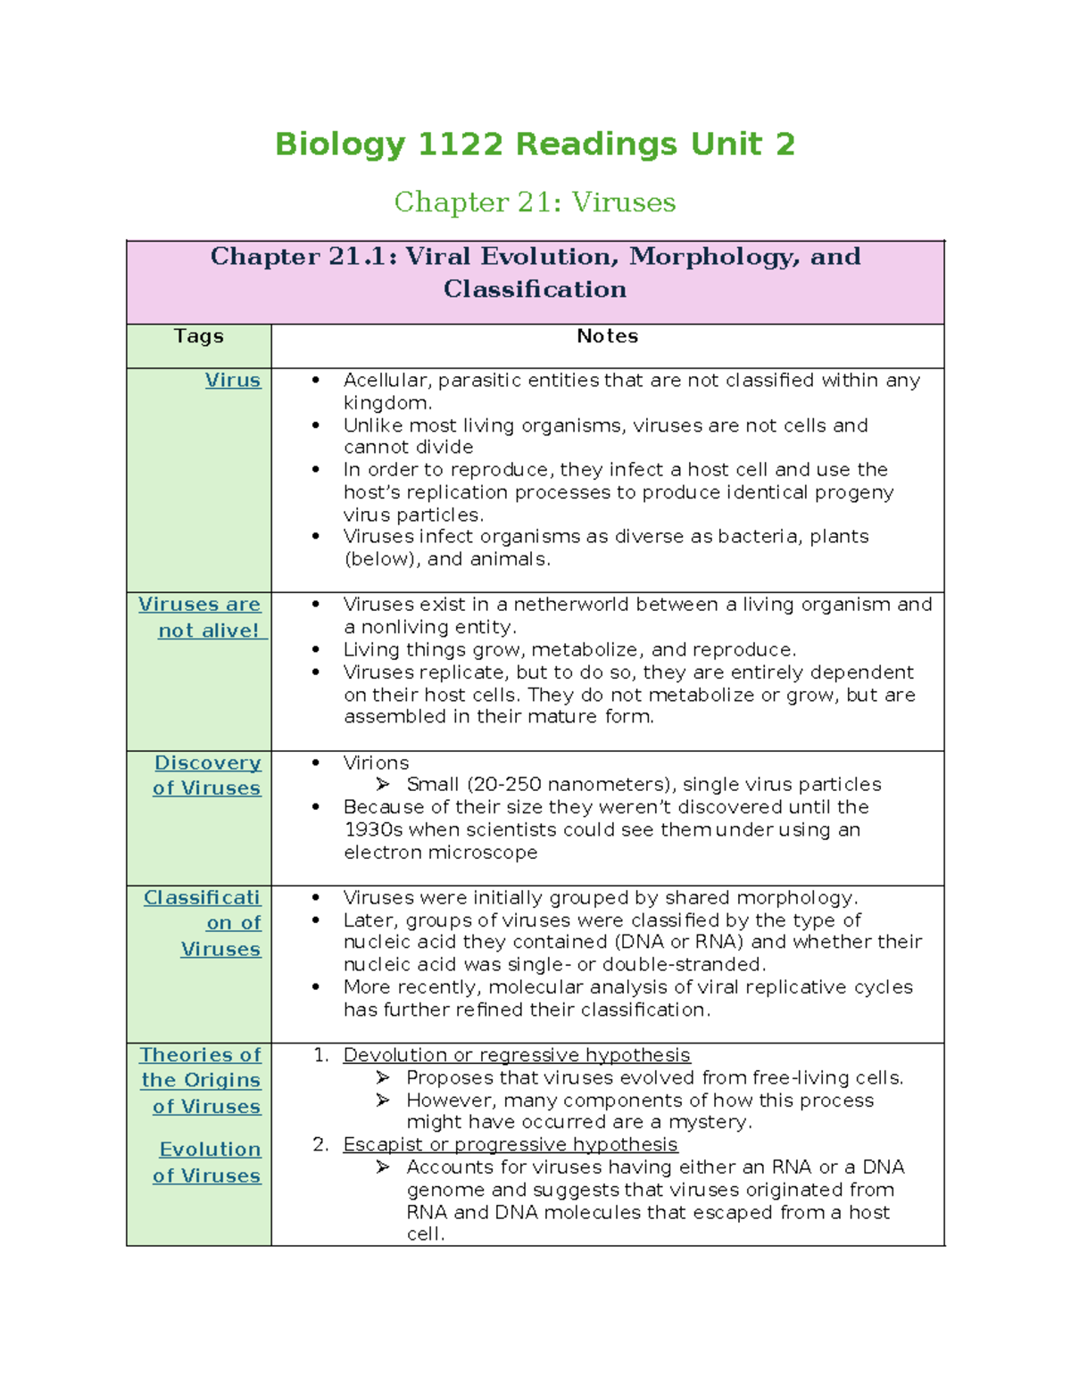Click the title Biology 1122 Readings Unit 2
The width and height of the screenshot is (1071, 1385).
pyautogui.click(x=535, y=144)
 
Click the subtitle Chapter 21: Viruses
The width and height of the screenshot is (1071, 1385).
pyautogui.click(x=535, y=202)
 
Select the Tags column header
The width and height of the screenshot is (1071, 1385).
pyautogui.click(x=198, y=336)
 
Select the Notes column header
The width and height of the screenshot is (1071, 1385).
pyautogui.click(x=607, y=336)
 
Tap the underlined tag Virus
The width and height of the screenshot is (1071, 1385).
pyautogui.click(x=233, y=380)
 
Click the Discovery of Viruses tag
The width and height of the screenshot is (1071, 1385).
pyautogui.click(x=207, y=775)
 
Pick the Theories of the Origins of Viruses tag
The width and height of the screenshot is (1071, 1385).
pyautogui.click(x=202, y=1080)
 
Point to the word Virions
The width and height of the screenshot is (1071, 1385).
pyautogui.click(x=376, y=763)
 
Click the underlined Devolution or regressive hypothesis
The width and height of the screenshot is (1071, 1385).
pyautogui.click(x=516, y=1055)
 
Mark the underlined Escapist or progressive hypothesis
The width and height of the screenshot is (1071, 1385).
pyautogui.click(x=510, y=1144)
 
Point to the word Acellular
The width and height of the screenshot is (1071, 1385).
pyautogui.click(x=387, y=380)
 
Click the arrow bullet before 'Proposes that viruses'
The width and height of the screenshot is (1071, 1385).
pyautogui.click(x=383, y=1077)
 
